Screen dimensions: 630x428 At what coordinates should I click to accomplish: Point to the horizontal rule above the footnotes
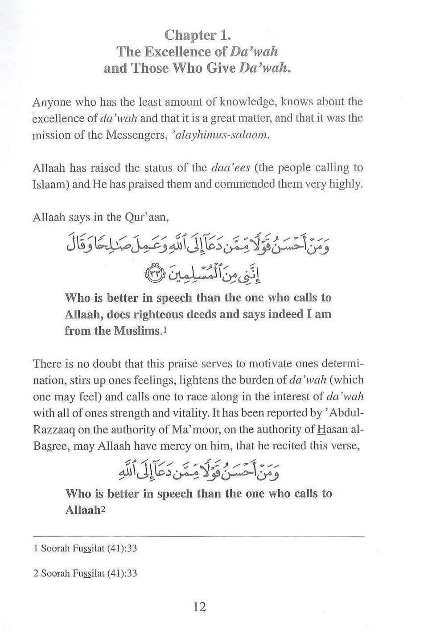(199, 535)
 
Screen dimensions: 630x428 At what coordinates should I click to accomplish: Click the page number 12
(199, 607)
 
